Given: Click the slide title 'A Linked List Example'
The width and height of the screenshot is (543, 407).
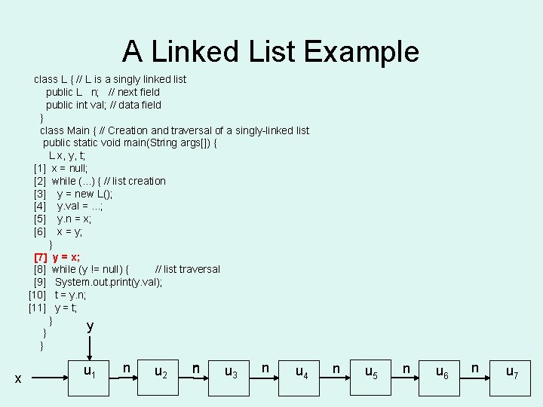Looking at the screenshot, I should click(x=271, y=51).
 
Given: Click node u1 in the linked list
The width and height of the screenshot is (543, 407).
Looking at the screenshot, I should click(x=90, y=371).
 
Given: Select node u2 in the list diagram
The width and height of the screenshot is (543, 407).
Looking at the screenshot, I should click(x=161, y=371).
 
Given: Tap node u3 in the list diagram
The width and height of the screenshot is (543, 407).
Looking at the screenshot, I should click(x=232, y=371).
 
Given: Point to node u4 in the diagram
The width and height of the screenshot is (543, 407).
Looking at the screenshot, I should click(x=302, y=371).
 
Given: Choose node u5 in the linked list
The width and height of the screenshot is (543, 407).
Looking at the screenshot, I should click(x=372, y=371).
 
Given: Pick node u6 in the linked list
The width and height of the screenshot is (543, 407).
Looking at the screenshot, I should click(x=443, y=371).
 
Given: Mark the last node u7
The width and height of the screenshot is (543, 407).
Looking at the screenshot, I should click(x=512, y=371).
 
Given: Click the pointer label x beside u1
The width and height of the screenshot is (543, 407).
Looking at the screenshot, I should click(x=17, y=378).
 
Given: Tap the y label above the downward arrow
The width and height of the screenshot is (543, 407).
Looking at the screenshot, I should click(x=90, y=326).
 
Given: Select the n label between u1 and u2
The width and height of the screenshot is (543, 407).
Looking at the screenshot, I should click(x=126, y=368).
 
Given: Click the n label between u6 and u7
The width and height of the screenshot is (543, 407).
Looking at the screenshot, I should click(x=475, y=368).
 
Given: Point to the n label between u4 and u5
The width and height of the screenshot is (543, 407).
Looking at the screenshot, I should click(x=336, y=368).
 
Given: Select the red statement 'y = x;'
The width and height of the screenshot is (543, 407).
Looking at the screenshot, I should click(x=66, y=257).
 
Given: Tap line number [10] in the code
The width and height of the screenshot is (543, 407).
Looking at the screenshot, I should click(x=38, y=295).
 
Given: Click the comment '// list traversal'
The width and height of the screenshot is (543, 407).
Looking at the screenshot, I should click(x=187, y=269).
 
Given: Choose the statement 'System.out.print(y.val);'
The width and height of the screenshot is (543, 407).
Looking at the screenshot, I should click(x=109, y=282).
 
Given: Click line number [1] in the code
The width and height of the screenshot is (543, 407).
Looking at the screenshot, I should click(x=40, y=168).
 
